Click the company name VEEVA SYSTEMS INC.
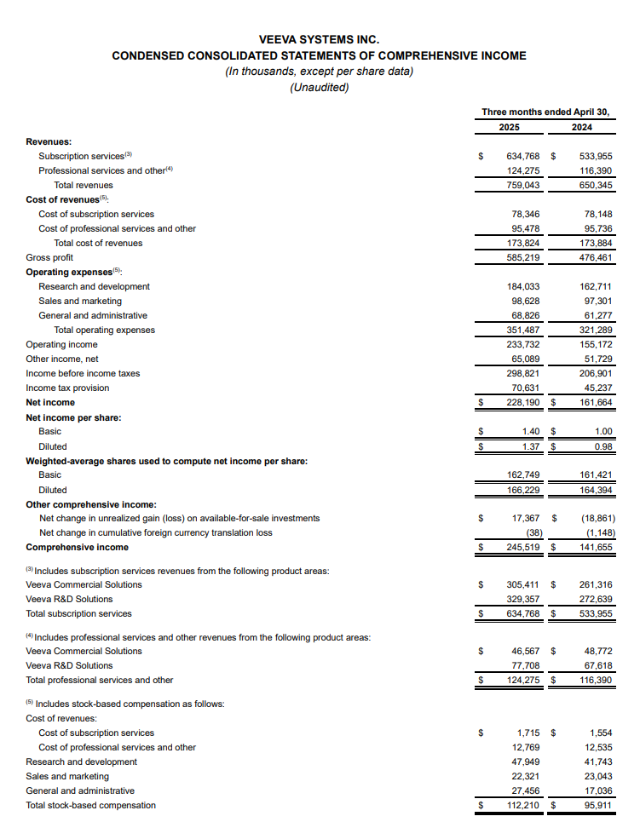pos(320,39)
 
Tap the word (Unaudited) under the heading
pos(320,87)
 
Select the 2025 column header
pos(509,128)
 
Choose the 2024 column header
pos(582,128)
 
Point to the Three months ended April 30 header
pos(545,112)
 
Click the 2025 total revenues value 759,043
pos(523,185)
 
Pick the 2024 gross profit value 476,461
pos(595,257)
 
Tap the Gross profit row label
pos(49,257)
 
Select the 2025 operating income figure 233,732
pos(523,344)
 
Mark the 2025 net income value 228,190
pos(523,402)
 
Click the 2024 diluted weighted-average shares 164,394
pos(595,490)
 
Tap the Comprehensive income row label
pos(78,547)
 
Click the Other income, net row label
pos(62,359)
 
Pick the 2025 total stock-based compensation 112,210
pos(523,805)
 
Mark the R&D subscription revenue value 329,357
pos(523,599)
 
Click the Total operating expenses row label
pos(105,330)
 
